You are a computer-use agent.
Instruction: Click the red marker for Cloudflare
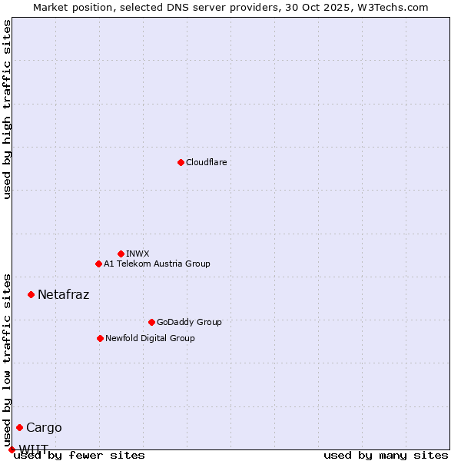point(181,162)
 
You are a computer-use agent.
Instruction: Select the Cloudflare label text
point(206,162)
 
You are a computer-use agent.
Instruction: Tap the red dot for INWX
point(121,254)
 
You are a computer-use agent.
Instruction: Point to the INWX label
point(138,254)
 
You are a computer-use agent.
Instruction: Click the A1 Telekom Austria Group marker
point(98,264)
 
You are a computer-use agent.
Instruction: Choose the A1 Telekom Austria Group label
point(157,264)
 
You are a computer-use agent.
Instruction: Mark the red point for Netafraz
point(31,294)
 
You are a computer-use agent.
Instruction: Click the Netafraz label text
point(63,294)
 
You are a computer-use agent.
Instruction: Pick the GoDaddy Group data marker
point(151,322)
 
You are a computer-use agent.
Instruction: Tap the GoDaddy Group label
point(189,322)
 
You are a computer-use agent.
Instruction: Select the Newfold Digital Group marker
point(100,338)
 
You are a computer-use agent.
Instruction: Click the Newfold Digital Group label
point(150,338)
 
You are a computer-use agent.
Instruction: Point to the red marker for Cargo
point(19,427)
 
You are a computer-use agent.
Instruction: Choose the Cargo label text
point(44,427)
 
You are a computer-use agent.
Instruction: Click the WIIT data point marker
point(12,449)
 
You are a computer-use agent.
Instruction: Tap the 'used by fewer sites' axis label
point(79,455)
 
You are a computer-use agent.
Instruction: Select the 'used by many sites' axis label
point(386,455)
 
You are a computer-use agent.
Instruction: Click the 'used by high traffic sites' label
point(7,109)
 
